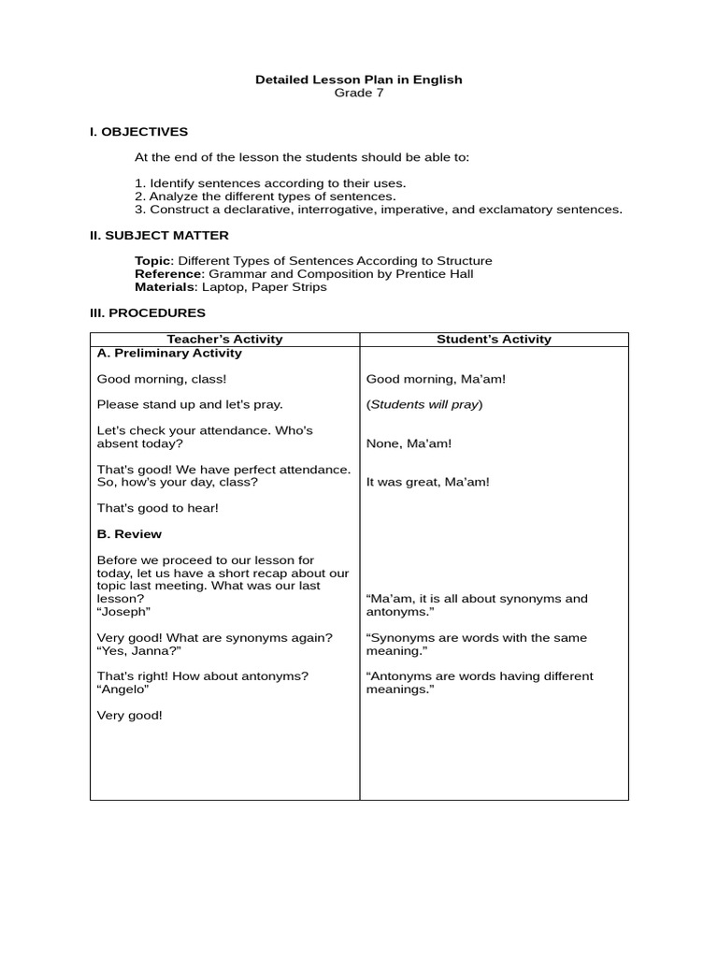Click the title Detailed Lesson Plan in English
click(x=359, y=80)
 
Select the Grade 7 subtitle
click(x=359, y=93)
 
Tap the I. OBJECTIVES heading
click(x=138, y=132)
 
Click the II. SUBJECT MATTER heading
click(x=159, y=236)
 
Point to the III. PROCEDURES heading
click(x=148, y=313)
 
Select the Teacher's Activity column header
click(x=224, y=340)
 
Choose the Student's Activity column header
click(x=494, y=340)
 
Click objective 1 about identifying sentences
click(x=270, y=183)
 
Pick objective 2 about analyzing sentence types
click(x=266, y=196)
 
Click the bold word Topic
click(x=153, y=261)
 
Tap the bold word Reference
click(x=168, y=274)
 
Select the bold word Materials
click(x=165, y=287)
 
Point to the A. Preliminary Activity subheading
click(x=169, y=354)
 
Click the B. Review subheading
click(x=129, y=534)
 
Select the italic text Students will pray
click(x=424, y=405)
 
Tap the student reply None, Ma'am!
click(x=409, y=443)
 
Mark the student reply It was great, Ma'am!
click(x=427, y=483)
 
